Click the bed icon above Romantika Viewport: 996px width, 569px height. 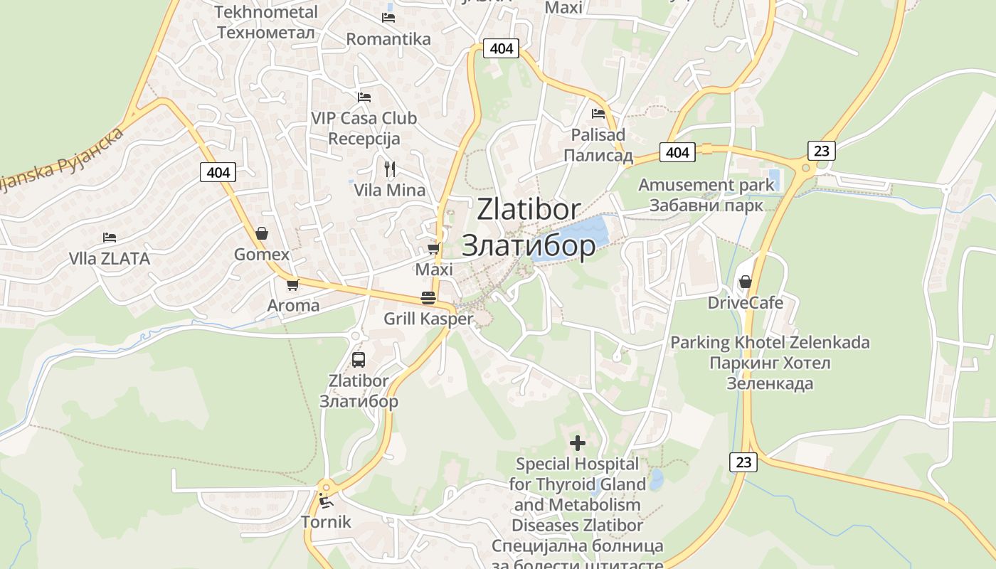(388, 17)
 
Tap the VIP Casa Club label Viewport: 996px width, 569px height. (364, 118)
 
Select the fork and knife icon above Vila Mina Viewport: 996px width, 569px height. (389, 169)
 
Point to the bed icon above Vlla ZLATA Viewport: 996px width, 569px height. (109, 237)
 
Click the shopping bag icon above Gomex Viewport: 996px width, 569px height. (262, 233)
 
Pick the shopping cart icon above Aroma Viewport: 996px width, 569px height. (292, 284)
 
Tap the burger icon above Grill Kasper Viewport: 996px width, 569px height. (428, 297)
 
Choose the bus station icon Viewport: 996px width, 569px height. (359, 359)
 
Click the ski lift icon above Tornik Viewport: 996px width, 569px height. (326, 501)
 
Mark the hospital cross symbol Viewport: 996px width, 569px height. (578, 443)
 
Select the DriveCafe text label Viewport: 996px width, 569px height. (745, 303)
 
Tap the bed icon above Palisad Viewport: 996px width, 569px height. (598, 113)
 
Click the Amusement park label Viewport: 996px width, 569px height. (706, 185)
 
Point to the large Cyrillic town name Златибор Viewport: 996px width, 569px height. (529, 245)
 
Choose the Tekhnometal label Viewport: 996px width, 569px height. (265, 12)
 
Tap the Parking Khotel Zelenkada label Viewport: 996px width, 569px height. (770, 343)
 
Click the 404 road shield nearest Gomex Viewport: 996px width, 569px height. (218, 172)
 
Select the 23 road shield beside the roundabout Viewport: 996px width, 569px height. (821, 151)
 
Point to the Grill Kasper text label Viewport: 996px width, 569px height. (428, 319)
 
